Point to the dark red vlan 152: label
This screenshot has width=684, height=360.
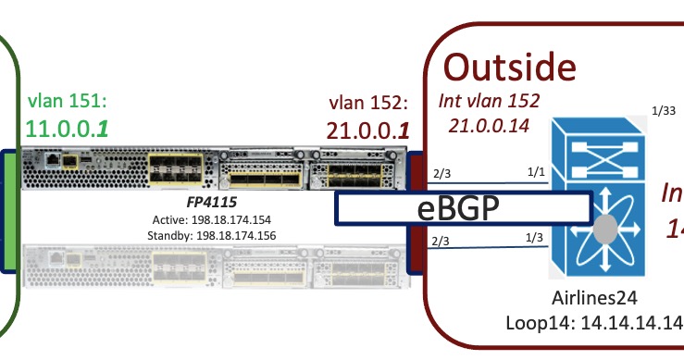tap(368, 101)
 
